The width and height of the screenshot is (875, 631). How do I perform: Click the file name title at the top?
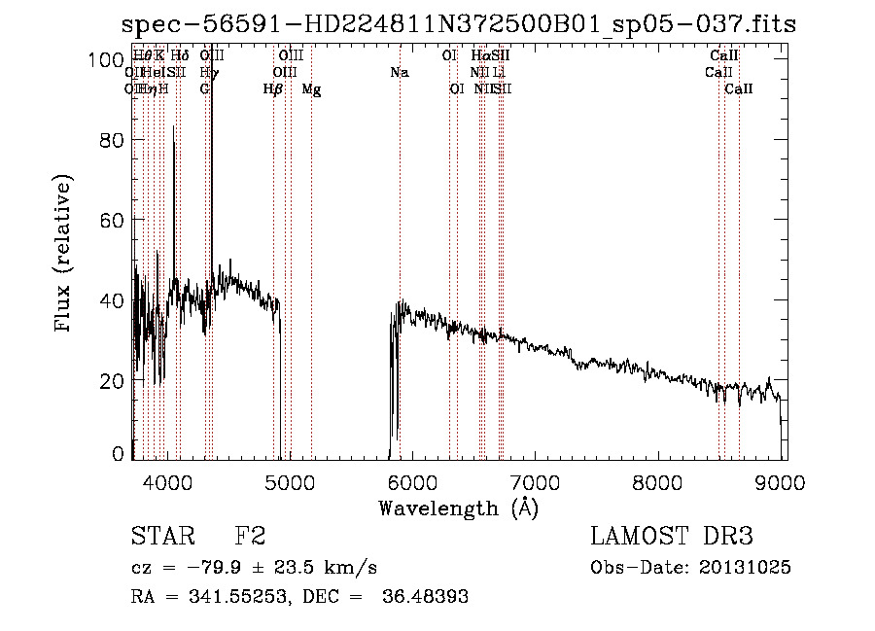click(458, 24)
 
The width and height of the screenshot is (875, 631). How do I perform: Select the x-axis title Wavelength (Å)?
click(458, 507)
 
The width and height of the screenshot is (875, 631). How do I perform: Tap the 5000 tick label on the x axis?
click(289, 481)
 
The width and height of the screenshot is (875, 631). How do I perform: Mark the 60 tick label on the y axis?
click(113, 220)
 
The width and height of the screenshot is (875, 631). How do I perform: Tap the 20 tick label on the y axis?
click(113, 380)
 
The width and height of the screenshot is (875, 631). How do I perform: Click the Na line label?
click(400, 72)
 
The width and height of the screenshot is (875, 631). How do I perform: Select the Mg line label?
click(311, 89)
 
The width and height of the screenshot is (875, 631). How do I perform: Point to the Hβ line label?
click(273, 89)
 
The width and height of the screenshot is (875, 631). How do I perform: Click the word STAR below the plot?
click(161, 537)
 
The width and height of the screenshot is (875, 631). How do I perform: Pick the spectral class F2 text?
click(250, 537)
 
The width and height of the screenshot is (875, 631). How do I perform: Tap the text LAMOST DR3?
click(671, 537)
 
